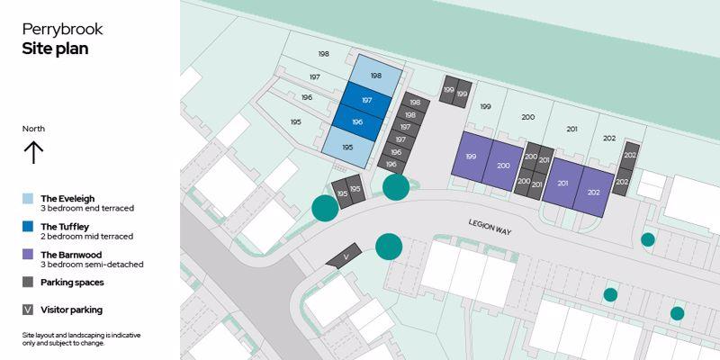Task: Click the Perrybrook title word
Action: click(x=62, y=30)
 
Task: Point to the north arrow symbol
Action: click(x=33, y=152)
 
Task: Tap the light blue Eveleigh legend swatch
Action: click(x=28, y=198)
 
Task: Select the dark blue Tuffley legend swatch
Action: click(x=28, y=227)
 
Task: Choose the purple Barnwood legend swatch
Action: click(x=28, y=255)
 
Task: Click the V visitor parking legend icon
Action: click(x=28, y=310)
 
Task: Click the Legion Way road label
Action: click(x=490, y=227)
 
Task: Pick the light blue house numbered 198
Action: click(x=376, y=76)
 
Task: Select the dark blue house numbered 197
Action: click(x=366, y=100)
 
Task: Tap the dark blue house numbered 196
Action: click(x=357, y=122)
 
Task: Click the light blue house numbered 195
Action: click(x=348, y=147)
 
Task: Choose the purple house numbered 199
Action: click(x=472, y=157)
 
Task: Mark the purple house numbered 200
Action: click(x=503, y=166)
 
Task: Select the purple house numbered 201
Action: click(x=563, y=184)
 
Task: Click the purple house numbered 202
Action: click(x=594, y=193)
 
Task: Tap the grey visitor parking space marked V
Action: click(x=344, y=256)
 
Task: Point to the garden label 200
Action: click(x=528, y=117)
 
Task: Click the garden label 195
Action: click(x=296, y=122)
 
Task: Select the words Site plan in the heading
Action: click(x=55, y=49)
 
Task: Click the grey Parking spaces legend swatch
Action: click(x=28, y=282)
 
